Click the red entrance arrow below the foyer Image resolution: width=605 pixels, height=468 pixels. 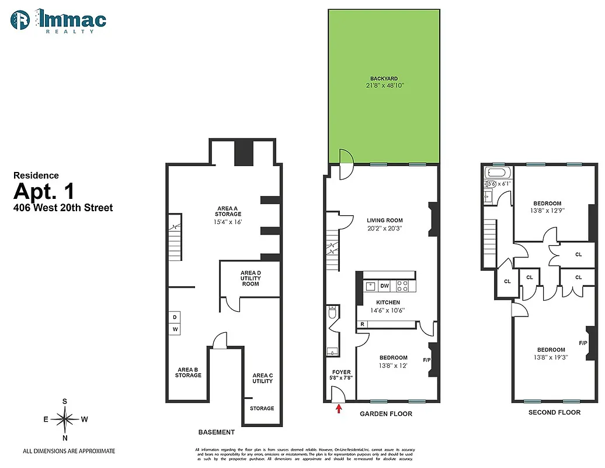coord(338,409)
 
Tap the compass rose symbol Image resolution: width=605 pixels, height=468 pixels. coord(65,419)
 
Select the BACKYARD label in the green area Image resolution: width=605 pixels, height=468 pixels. coord(384,78)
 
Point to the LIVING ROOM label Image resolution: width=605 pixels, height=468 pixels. coord(384,221)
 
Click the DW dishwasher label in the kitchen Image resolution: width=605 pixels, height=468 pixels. coord(384,286)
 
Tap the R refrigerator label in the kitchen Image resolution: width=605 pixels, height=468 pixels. coord(363,324)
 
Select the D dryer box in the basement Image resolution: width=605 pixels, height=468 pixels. coord(175,318)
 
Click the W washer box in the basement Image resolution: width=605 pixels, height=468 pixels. coord(175,330)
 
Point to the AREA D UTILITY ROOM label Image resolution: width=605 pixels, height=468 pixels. coord(251,278)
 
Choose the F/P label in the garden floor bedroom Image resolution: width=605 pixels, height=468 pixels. coord(426,359)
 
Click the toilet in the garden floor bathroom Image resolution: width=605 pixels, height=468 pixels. coord(332,314)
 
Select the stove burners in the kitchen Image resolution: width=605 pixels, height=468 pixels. coord(403,286)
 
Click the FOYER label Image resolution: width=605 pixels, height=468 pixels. coord(341,372)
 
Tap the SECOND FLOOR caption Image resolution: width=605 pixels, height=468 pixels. coord(554,412)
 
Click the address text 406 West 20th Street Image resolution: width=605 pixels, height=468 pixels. coord(63,207)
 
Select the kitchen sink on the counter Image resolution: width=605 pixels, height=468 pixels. coord(370,286)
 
